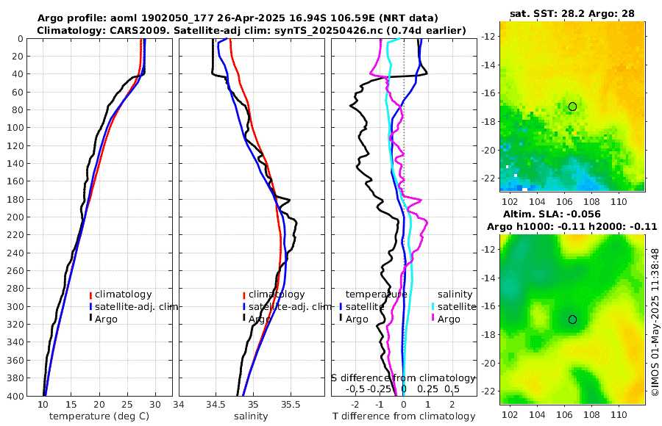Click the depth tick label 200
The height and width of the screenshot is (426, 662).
tap(15, 217)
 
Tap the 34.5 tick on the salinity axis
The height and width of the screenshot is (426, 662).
tap(216, 405)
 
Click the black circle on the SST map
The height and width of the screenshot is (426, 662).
tap(572, 106)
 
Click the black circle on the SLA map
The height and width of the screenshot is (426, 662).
tap(572, 319)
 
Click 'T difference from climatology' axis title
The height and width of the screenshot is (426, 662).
tap(404, 416)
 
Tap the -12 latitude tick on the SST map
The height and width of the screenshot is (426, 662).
tap(489, 36)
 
